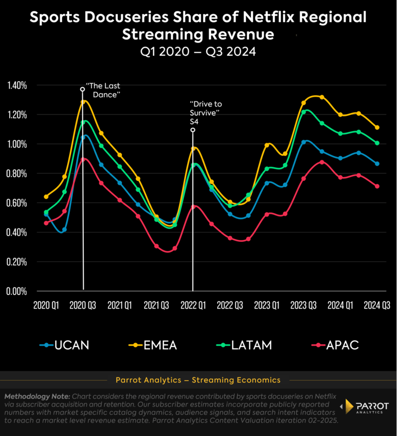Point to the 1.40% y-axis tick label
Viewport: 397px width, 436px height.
pos(17,85)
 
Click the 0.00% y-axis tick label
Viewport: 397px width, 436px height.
pos(17,291)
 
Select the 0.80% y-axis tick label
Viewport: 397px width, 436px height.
pos(17,173)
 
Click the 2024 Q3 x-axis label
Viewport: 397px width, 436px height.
pos(377,305)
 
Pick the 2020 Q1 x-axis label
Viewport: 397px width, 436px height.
pos(46,305)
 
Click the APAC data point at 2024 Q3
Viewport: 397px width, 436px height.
pos(377,186)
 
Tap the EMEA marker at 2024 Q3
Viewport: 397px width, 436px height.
pos(377,127)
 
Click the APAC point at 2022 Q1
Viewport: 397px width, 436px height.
pos(193,207)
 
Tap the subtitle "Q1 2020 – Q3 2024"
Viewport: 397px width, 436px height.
pos(198,52)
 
